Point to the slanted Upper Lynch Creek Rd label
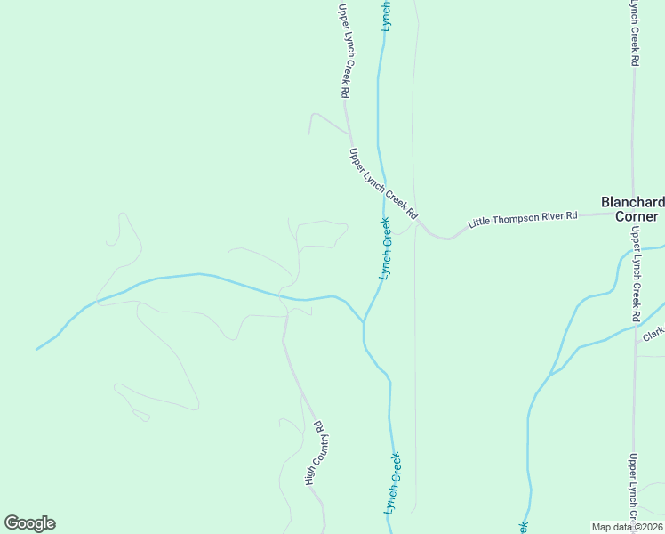pos(383,184)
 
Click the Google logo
pos(29,523)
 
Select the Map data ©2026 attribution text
pos(627,527)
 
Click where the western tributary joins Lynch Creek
pos(364,321)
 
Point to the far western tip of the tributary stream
pos(36,349)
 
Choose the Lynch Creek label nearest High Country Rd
pos(393,481)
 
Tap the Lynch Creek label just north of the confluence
pos(386,249)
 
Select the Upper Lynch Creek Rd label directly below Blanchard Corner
pos(636,274)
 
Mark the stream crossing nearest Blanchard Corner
pos(635,252)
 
